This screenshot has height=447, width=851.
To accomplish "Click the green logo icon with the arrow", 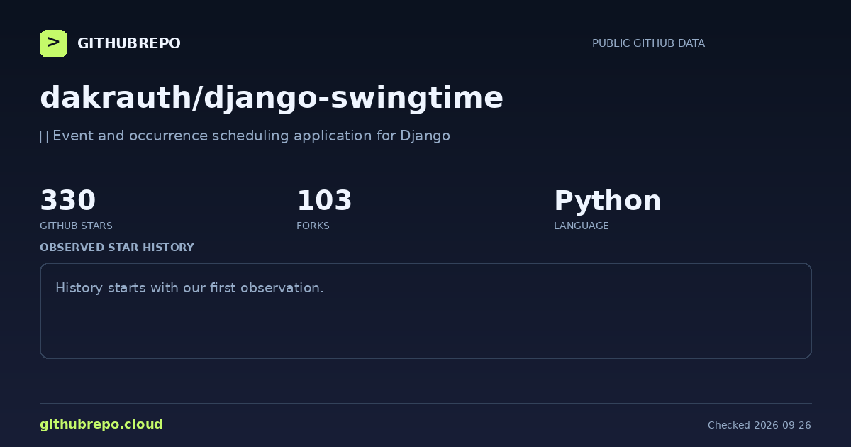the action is click(x=54, y=44).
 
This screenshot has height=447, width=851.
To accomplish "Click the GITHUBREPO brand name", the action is click(x=129, y=43).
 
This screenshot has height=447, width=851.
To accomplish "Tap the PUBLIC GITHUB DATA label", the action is click(x=648, y=43).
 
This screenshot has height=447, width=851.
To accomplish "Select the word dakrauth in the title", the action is click(x=116, y=98).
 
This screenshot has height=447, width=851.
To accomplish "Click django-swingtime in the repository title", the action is click(x=353, y=99).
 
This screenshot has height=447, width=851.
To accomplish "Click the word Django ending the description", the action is click(x=425, y=136).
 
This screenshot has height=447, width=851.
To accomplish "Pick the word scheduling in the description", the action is click(x=250, y=136).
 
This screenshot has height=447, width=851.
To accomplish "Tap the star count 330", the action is click(x=67, y=200).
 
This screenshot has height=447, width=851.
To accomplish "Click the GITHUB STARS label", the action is click(x=76, y=226).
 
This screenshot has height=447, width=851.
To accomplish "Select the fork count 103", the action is click(x=324, y=200).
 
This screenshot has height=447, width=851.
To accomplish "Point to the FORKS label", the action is click(x=313, y=226).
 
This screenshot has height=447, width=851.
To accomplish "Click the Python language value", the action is click(x=608, y=202).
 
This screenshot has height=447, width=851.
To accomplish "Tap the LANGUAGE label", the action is click(x=582, y=226).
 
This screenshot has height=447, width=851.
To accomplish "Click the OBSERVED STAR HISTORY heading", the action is click(x=117, y=248).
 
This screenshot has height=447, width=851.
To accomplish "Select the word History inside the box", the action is click(x=79, y=288).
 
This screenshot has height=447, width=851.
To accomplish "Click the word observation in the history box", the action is click(x=282, y=288).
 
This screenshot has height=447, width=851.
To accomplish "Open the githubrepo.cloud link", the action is click(x=101, y=424).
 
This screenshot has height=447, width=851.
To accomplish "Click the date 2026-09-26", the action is click(x=782, y=425).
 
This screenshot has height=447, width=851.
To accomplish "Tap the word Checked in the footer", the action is click(x=729, y=425).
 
